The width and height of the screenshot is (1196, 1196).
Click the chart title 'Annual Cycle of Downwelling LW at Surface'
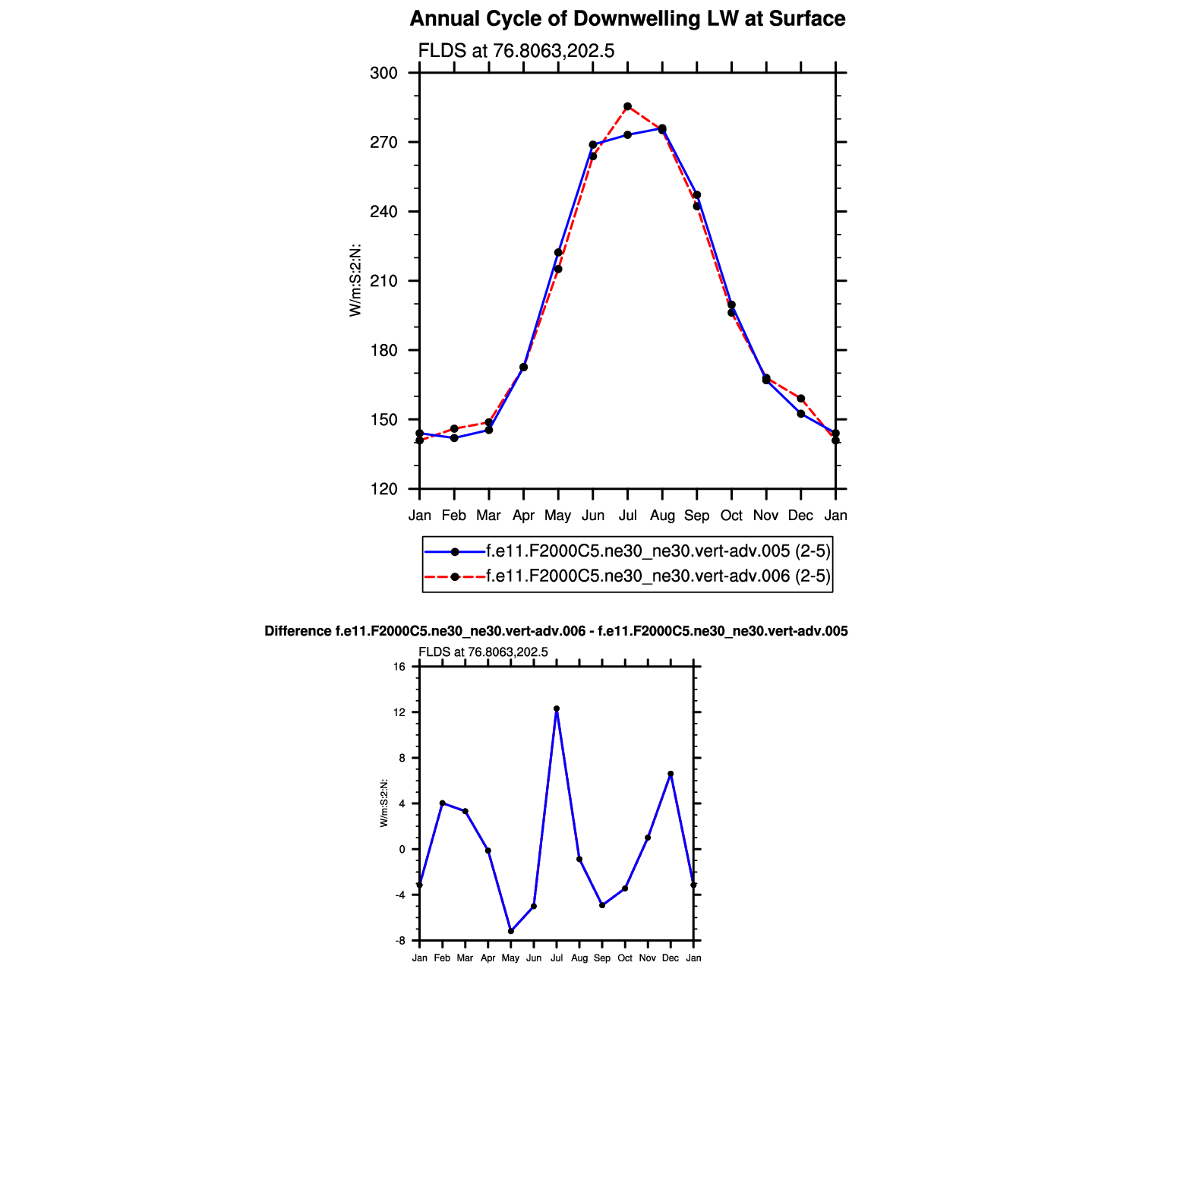(x=627, y=19)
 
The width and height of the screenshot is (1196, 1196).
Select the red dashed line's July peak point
(x=627, y=106)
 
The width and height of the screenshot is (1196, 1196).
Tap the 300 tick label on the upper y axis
(x=383, y=73)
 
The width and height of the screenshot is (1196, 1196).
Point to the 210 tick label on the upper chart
(x=383, y=281)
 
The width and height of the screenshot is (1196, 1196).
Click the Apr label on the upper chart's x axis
(x=523, y=516)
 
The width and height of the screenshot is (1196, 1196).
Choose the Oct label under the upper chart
(x=731, y=516)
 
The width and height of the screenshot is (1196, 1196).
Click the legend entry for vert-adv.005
(x=658, y=551)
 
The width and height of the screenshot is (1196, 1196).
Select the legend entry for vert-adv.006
(x=658, y=576)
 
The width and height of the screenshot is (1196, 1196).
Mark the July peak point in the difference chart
(x=557, y=708)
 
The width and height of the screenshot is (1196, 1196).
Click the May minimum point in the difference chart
(x=511, y=931)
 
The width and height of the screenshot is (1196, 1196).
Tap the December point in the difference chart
(x=671, y=774)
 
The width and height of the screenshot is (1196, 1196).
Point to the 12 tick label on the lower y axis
(x=400, y=712)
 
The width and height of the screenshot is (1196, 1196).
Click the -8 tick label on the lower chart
(x=399, y=941)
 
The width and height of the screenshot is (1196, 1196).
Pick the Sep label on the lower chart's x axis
(x=602, y=958)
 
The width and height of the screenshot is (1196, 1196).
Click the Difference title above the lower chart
(x=556, y=631)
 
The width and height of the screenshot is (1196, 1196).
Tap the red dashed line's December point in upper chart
(x=801, y=399)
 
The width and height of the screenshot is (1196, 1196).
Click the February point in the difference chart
(x=443, y=803)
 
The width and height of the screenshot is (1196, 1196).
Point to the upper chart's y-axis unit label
(x=355, y=280)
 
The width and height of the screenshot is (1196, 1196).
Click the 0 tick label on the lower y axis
(x=402, y=849)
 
